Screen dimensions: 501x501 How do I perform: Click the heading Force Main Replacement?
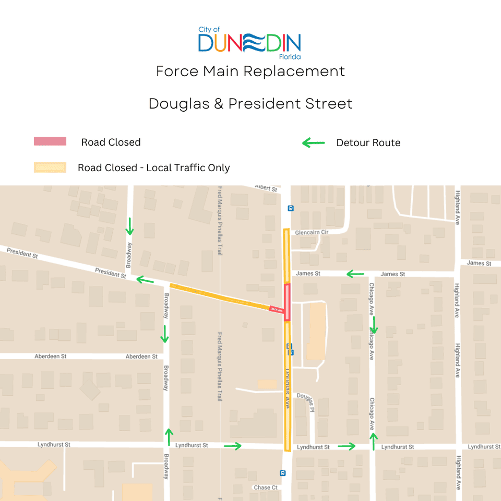coord(250,71)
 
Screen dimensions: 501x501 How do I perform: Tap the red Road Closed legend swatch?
coord(50,141)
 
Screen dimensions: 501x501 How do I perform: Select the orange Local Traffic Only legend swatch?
coord(50,168)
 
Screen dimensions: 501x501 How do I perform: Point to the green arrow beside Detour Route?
coord(314,143)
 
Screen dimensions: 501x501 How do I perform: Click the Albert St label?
coord(266,188)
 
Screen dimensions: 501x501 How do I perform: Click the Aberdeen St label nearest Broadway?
coord(141,356)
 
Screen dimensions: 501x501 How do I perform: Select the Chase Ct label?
coord(266,487)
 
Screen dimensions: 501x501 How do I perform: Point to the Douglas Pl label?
coord(306,399)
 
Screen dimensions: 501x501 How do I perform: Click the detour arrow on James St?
coord(355,274)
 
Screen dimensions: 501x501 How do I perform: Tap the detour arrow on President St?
coord(145,281)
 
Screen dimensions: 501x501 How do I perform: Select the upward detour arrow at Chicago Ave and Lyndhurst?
coord(373,441)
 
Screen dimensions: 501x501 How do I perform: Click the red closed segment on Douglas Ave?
coord(287,302)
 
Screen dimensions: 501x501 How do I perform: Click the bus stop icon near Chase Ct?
coord(282,473)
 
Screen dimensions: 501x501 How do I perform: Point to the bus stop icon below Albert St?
coord(291,208)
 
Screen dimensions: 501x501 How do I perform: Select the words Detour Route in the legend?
coord(368,143)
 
